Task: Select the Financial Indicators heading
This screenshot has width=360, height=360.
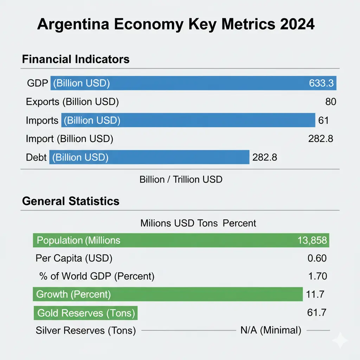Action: (76, 59)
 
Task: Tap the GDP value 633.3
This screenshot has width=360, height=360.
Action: (321, 83)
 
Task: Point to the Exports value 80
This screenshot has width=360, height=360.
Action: (330, 102)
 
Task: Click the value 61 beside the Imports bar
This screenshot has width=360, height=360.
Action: (323, 121)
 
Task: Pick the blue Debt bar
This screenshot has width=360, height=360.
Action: (149, 157)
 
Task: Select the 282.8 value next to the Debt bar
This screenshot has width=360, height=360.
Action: (265, 157)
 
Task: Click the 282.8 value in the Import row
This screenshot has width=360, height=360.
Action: (321, 139)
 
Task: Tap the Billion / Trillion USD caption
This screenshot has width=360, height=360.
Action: (181, 179)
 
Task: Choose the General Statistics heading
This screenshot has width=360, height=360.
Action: (71, 201)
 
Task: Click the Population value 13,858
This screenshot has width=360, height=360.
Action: (312, 240)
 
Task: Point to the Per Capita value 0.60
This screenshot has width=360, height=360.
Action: (317, 258)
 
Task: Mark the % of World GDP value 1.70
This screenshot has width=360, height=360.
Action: (317, 276)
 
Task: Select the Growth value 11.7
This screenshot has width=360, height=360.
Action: (315, 294)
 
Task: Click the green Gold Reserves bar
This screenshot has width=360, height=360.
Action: (85, 313)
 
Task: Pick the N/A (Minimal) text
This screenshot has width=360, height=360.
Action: (271, 330)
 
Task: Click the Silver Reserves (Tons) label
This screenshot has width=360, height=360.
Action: (86, 331)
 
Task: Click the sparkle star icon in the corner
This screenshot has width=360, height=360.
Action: (340, 340)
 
